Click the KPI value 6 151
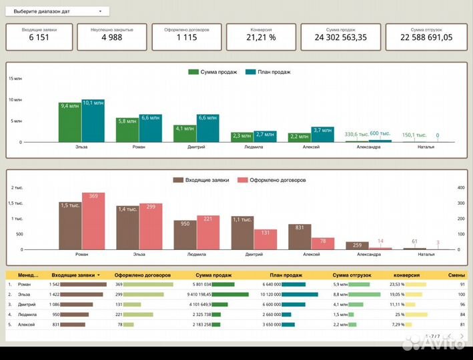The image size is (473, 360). (39, 37)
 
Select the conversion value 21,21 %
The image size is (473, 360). (260, 37)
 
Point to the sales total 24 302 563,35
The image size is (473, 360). (341, 37)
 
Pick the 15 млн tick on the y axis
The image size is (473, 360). (15, 79)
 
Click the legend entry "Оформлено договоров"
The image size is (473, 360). (272, 180)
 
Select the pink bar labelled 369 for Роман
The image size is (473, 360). (93, 221)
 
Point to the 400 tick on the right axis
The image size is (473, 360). (460, 188)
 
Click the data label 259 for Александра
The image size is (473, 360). (358, 245)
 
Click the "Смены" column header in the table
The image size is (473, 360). (456, 275)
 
